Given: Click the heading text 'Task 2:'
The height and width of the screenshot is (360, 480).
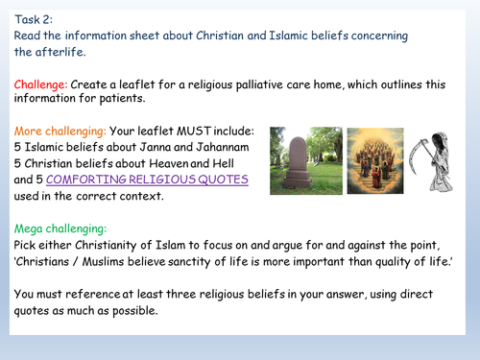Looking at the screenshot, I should tap(34, 16).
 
